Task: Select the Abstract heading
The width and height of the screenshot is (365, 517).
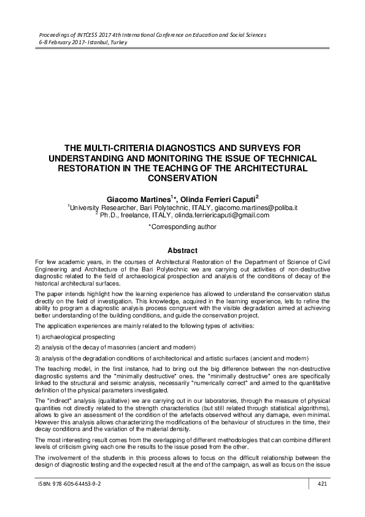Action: (182, 251)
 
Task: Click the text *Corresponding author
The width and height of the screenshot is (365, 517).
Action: (182, 227)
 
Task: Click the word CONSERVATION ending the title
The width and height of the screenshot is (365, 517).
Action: (183, 178)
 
